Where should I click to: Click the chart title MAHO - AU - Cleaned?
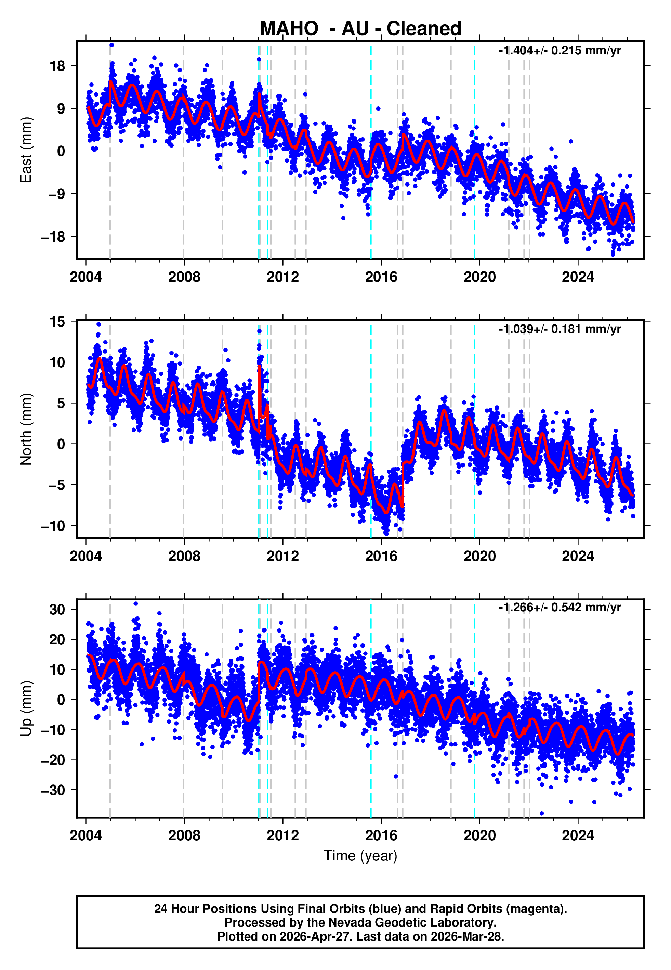coord(360,29)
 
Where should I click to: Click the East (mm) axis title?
coord(26,150)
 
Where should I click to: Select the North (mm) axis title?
coord(26,429)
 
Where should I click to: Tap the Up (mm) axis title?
coord(26,708)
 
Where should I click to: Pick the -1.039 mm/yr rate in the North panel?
coord(560,329)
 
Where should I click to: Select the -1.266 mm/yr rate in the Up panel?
coord(560,608)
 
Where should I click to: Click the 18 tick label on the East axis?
coord(57,66)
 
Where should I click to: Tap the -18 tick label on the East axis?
coord(53,237)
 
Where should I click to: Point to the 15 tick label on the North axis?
coord(57,322)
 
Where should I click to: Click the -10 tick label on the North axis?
coord(53,526)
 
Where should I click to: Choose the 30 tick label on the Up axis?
coord(57,610)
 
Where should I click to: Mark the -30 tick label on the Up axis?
coord(53,790)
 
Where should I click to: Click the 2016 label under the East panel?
coord(381,277)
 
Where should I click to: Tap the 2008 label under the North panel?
coord(184,556)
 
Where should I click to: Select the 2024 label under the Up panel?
coord(578,835)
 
